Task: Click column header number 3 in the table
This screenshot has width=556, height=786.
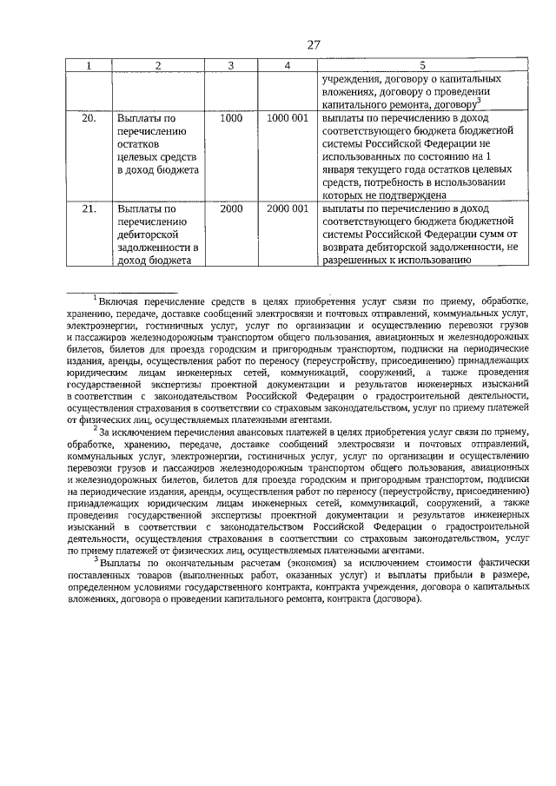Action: click(231, 65)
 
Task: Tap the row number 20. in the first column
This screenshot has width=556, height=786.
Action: click(89, 117)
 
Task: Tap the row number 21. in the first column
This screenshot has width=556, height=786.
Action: click(89, 209)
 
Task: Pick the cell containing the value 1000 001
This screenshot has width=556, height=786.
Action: click(287, 117)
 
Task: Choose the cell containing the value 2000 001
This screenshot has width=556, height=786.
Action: click(287, 209)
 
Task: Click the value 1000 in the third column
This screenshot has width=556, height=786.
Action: click(231, 117)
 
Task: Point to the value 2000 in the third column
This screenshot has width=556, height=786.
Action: click(231, 209)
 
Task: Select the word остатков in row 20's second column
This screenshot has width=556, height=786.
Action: click(138, 143)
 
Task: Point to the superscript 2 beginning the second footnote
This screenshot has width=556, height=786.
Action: click(96, 427)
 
